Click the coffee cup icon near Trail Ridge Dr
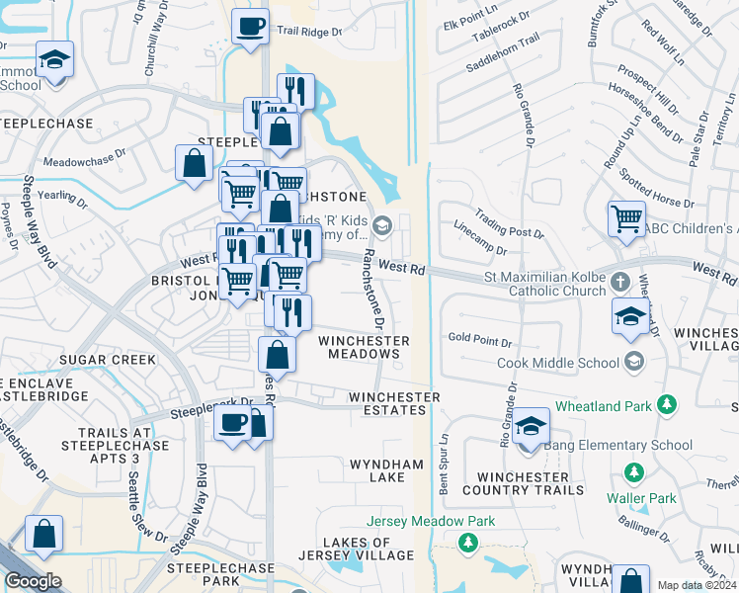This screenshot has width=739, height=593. (251, 26)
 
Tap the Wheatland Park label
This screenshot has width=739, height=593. (604, 405)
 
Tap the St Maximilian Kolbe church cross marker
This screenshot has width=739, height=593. (618, 281)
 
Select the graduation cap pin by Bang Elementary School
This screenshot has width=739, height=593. (531, 426)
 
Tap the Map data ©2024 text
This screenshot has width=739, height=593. (698, 585)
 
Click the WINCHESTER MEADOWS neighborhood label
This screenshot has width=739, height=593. (364, 347)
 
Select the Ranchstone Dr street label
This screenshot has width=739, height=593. (373, 289)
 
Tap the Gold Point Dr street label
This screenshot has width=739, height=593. (479, 343)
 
